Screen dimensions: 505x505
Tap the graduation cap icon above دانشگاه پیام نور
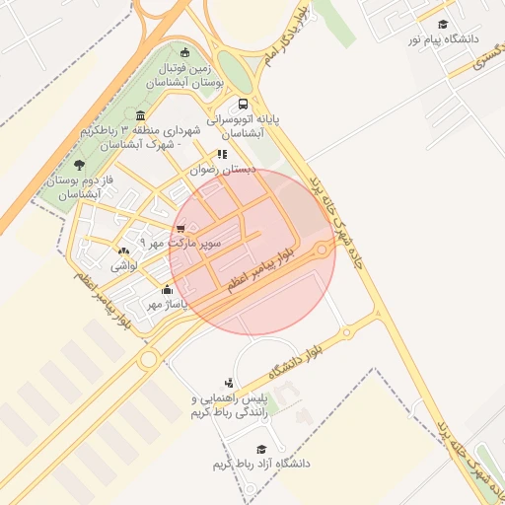[443, 24]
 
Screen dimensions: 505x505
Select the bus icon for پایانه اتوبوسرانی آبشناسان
[243, 103]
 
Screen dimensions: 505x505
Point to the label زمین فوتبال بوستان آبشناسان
[185, 75]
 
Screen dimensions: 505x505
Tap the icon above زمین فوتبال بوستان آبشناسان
[185, 52]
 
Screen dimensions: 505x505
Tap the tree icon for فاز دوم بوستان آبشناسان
[79, 164]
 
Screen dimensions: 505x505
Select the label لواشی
[122, 264]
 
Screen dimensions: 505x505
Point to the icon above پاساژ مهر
[167, 289]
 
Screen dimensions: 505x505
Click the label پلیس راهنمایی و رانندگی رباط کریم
[230, 404]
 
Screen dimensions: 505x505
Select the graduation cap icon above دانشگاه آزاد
[261, 449]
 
